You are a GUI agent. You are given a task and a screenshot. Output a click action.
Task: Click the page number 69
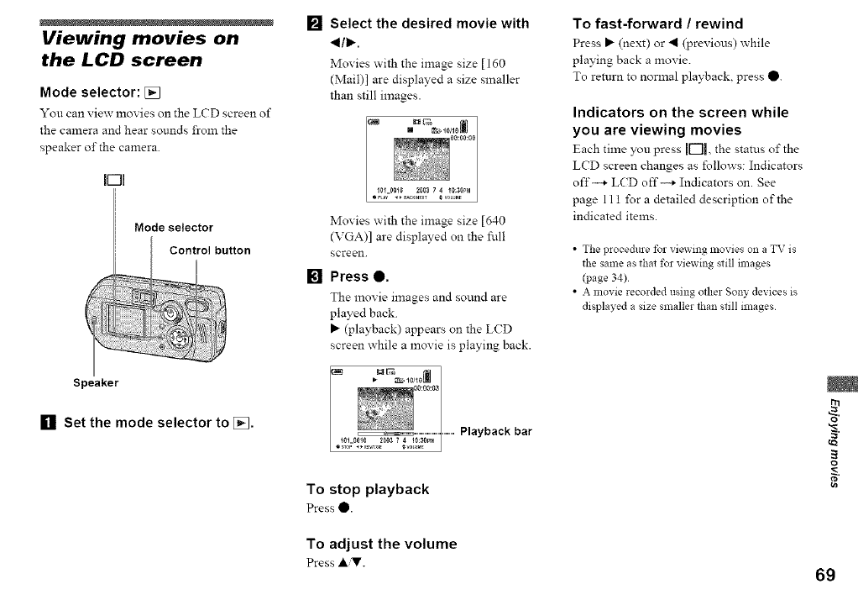[824, 575]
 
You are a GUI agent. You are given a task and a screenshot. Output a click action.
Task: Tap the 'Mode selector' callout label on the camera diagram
[174, 228]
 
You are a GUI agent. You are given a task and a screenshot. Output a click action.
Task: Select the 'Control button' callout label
[210, 250]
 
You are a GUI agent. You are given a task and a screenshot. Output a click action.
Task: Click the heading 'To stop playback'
[368, 489]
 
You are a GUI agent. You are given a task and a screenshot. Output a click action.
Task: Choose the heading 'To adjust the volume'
[382, 544]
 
